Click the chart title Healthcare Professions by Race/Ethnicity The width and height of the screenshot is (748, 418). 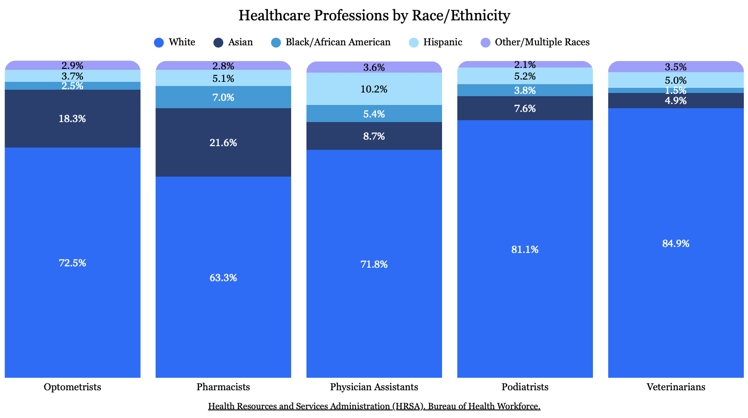[x=374, y=15]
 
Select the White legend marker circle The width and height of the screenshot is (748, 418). [x=159, y=43]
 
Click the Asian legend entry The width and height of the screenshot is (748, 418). [x=233, y=43]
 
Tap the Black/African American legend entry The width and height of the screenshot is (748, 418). [x=331, y=43]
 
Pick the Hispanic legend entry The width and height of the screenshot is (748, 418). [x=436, y=43]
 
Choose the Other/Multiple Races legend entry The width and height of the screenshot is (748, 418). [x=535, y=43]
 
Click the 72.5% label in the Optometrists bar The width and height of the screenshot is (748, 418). [x=73, y=263]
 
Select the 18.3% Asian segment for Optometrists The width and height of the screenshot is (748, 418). [x=73, y=119]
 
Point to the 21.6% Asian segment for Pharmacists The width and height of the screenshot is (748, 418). [x=223, y=143]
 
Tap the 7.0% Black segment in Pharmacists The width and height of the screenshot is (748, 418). [x=223, y=98]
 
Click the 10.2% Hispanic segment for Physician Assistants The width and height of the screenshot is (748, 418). [x=374, y=89]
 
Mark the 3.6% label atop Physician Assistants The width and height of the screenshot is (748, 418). [x=374, y=68]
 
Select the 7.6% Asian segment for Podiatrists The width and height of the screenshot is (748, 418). [x=525, y=109]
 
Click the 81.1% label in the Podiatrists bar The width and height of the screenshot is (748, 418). [x=525, y=250]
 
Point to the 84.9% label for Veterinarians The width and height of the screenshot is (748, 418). [x=676, y=244]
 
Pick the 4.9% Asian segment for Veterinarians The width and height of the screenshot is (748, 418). [x=676, y=101]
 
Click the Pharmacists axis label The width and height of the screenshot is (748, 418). [x=223, y=387]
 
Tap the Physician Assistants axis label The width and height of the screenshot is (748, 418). [x=374, y=387]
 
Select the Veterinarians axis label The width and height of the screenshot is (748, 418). [x=676, y=387]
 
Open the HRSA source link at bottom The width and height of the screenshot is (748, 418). [x=374, y=406]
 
